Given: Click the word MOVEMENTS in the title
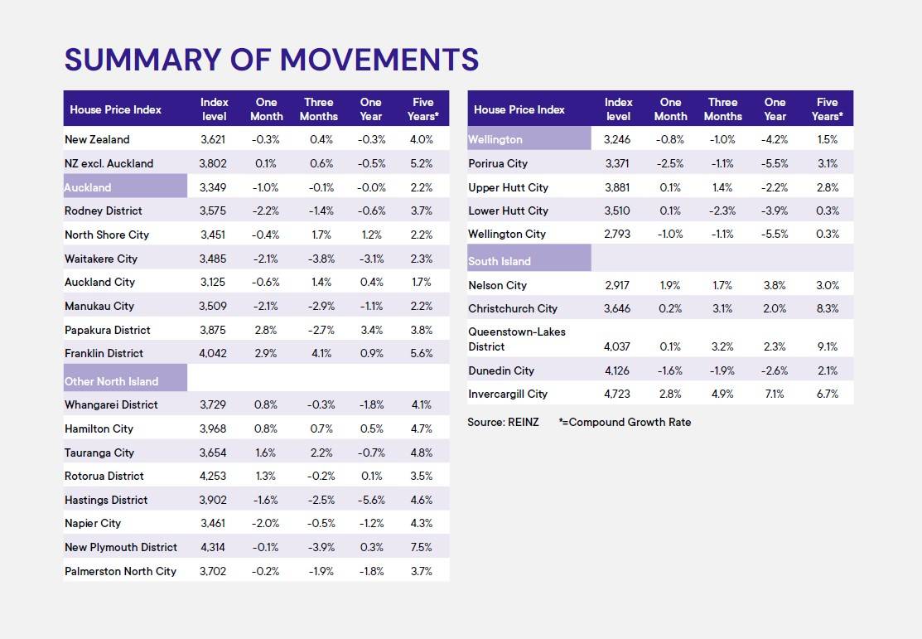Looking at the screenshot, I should click(x=379, y=60).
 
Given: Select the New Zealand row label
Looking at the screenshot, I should click(x=97, y=139).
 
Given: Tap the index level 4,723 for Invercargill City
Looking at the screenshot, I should click(x=618, y=394).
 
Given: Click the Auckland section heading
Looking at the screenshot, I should click(x=88, y=187).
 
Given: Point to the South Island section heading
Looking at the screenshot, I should click(x=500, y=261).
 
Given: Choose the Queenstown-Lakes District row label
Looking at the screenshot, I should click(x=516, y=339).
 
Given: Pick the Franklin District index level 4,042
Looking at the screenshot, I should click(x=214, y=353).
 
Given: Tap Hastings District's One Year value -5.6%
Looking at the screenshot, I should click(x=371, y=500).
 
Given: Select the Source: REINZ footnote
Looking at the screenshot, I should click(x=503, y=422).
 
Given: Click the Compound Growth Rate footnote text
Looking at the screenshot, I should click(x=625, y=422).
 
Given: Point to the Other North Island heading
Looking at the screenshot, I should click(x=111, y=381).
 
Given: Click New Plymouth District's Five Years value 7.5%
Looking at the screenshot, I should click(x=422, y=547).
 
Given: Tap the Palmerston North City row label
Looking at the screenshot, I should click(x=120, y=571).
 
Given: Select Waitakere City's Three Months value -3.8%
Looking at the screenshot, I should click(x=319, y=259).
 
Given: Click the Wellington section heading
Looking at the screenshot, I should click(x=495, y=139).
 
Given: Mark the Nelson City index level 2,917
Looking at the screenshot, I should click(x=618, y=285).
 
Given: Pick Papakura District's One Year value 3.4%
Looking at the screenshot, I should click(x=371, y=330).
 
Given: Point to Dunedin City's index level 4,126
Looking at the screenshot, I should click(x=618, y=370).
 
